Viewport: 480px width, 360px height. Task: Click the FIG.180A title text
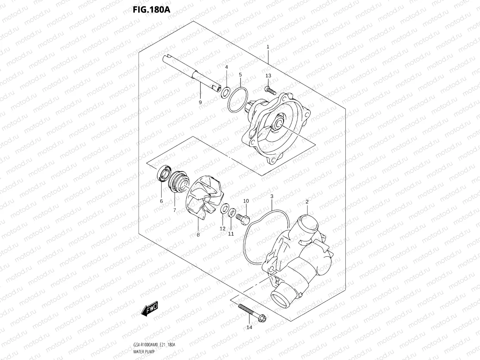(x=151, y=9)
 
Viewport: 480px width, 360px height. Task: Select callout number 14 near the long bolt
(x=249, y=327)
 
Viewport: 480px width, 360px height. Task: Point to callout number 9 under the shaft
(x=200, y=102)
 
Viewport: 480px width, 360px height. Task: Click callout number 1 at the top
(x=268, y=47)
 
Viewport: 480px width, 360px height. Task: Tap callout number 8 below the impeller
(x=198, y=234)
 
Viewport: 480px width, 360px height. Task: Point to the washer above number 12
(x=224, y=210)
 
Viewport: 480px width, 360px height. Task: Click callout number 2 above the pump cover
(x=307, y=202)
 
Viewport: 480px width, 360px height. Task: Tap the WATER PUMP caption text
(x=144, y=352)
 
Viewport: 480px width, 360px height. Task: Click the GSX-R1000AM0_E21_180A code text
(x=154, y=345)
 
